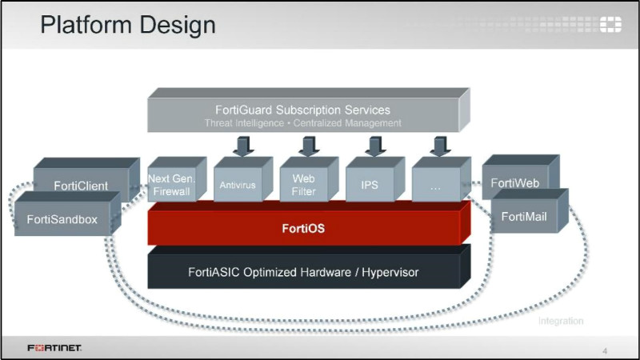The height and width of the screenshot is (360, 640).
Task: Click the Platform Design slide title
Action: [128, 25]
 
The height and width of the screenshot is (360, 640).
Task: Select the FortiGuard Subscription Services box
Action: [302, 115]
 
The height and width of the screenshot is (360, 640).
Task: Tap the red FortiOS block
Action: [303, 229]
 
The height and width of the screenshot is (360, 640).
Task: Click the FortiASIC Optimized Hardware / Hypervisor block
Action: [303, 272]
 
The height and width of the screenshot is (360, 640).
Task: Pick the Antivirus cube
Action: [238, 185]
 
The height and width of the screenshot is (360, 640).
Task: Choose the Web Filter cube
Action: [304, 185]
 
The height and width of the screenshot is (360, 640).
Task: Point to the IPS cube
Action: [370, 185]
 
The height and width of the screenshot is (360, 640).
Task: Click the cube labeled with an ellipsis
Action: [436, 185]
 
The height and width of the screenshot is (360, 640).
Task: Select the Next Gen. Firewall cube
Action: [171, 185]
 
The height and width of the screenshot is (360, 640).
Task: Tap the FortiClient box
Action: [81, 186]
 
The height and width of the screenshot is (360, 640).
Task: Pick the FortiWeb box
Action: [514, 183]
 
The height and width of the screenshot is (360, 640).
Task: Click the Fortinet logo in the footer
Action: [54, 348]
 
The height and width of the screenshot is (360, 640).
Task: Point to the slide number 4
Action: [604, 350]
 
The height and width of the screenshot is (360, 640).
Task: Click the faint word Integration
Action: [560, 321]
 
